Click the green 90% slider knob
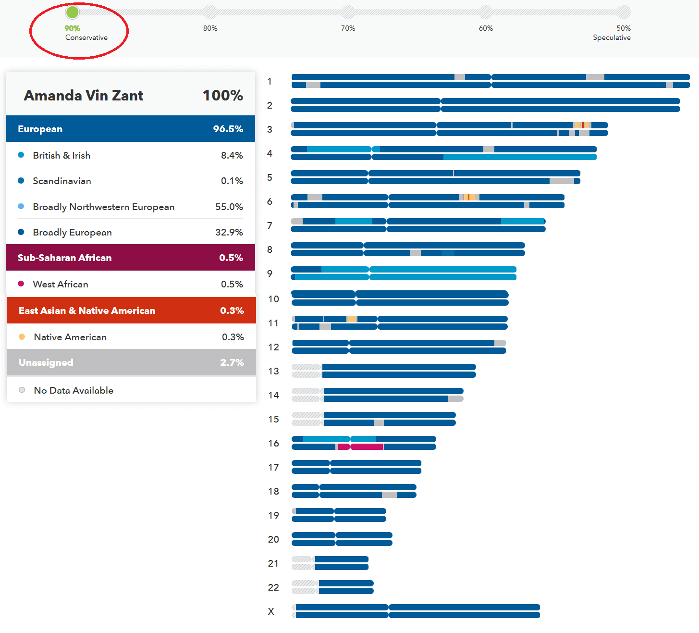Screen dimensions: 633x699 click(x=72, y=12)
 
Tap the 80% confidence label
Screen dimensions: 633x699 click(x=210, y=28)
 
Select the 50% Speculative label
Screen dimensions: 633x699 click(x=612, y=33)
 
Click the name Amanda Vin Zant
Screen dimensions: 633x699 click(x=84, y=95)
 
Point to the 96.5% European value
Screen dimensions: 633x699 click(x=228, y=129)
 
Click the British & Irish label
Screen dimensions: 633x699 click(x=61, y=155)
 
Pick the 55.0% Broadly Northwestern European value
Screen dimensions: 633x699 click(x=229, y=207)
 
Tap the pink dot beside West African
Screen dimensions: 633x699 click(x=21, y=284)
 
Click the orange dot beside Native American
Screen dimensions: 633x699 click(x=22, y=337)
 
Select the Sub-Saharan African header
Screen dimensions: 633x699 click(x=64, y=258)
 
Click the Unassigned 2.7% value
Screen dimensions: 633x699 click(x=232, y=362)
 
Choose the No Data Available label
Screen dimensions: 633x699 click(x=74, y=390)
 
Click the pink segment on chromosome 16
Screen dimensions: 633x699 click(x=367, y=447)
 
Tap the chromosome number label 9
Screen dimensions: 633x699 click(x=270, y=273)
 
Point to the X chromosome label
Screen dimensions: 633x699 click(x=271, y=611)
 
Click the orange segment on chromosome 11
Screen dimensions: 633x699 click(x=352, y=319)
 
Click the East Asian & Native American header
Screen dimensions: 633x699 click(x=87, y=310)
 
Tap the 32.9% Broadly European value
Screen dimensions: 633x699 click(x=229, y=232)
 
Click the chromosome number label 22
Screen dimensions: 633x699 click(x=273, y=587)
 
